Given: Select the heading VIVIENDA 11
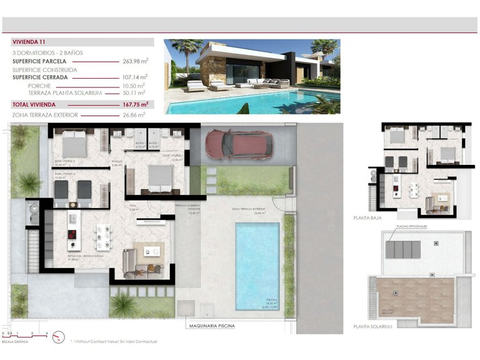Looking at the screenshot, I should [x=29, y=42].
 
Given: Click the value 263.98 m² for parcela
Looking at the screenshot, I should [x=134, y=61].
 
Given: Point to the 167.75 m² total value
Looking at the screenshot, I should [x=134, y=104].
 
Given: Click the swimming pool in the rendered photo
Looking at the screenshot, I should [x=250, y=104].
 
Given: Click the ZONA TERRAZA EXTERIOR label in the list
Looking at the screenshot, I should [x=45, y=115].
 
